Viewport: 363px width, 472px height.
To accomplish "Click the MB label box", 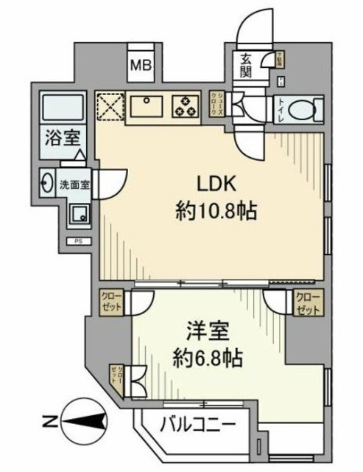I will coord(141,66).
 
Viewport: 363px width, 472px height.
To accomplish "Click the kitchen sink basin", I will coord(150,105).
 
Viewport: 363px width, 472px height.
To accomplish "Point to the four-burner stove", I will coord(184,105).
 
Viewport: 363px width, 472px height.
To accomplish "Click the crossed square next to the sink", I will coord(111,105).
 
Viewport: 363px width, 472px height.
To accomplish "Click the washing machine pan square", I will coord(77,214).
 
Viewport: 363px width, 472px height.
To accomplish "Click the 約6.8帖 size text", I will coord(206,359).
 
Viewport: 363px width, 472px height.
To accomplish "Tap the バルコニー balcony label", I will coord(198,425).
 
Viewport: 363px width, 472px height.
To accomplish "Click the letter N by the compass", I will coord(48,422).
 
